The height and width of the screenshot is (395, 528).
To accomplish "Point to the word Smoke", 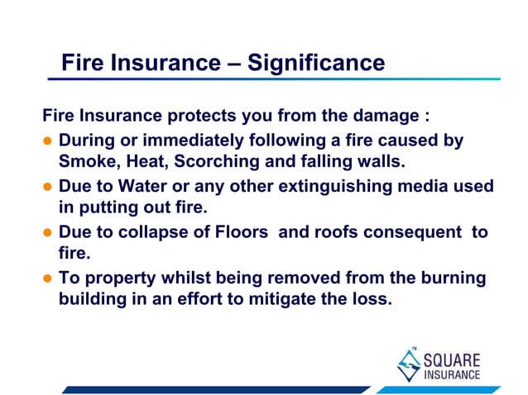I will coord(85,160).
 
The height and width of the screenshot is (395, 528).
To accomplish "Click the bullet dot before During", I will coord(49,141).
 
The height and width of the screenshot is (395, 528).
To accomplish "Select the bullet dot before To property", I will coord(49,279).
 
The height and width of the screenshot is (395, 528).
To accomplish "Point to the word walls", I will coord(377,160).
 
